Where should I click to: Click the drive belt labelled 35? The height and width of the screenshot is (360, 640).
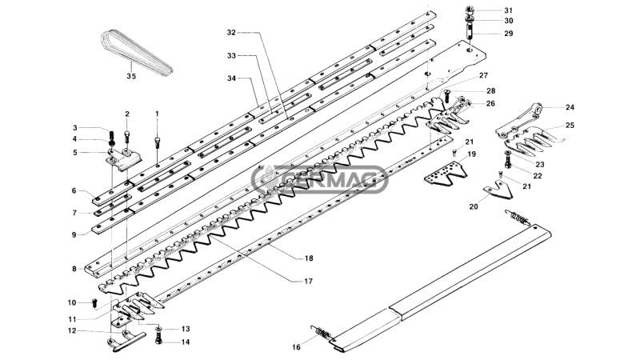click(137, 53)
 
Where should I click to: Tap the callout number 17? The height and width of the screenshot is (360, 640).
click(308, 282)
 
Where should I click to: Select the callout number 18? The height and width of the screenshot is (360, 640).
click(309, 258)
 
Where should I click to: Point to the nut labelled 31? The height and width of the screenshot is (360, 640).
click(470, 10)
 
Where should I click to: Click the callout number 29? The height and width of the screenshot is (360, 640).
click(508, 34)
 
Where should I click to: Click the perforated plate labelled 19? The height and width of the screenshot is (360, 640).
click(446, 174)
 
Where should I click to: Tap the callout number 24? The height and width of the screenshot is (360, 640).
click(570, 107)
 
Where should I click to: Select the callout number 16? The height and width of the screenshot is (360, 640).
click(296, 347)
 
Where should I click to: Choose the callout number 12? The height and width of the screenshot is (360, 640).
click(72, 331)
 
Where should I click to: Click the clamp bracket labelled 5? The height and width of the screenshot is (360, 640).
click(124, 158)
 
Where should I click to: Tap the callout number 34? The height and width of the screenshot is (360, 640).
click(232, 78)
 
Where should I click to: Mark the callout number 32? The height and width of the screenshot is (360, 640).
click(231, 33)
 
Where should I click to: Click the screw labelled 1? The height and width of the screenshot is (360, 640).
click(158, 143)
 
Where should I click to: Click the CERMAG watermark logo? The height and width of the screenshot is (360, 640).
click(319, 178)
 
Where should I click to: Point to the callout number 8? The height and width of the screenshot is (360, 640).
click(74, 269)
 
